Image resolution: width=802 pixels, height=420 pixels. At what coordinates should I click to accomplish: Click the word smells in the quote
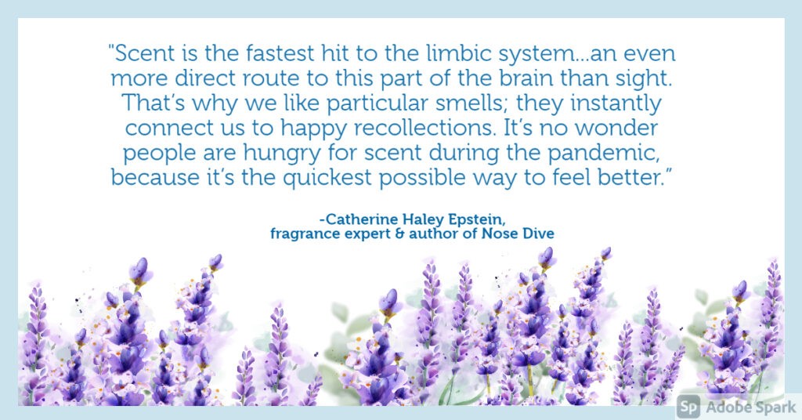471,103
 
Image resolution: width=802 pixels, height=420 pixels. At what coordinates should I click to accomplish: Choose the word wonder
616,129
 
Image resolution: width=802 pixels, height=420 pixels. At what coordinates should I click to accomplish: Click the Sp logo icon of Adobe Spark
688,407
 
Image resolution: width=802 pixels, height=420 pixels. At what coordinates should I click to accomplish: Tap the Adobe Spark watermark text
751,407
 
